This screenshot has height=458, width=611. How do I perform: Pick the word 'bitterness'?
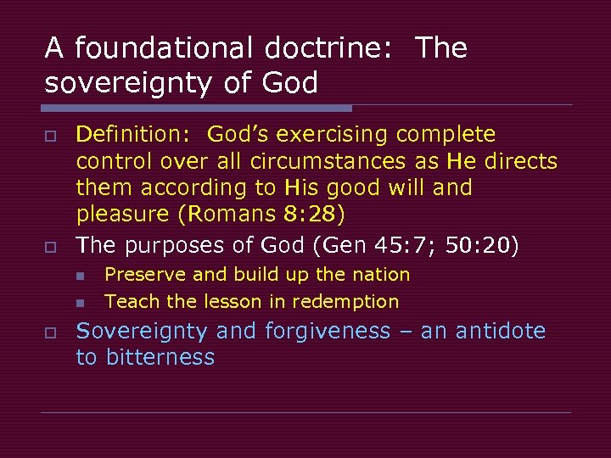160,357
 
